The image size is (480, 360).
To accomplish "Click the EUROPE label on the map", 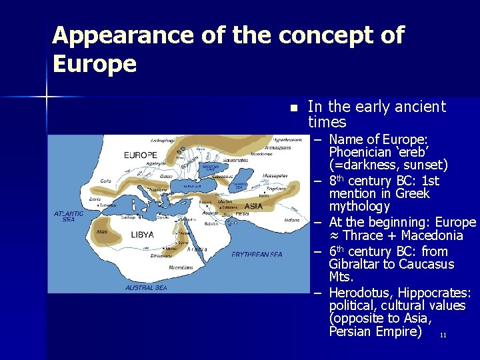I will point(141,155).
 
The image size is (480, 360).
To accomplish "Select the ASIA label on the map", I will point(253,207).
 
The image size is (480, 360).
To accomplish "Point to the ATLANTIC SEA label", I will point(69,216).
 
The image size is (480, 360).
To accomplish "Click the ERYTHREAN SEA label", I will point(257,254).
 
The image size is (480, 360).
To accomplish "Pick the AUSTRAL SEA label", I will point(146,288).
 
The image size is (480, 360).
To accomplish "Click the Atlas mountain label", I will point(101,232).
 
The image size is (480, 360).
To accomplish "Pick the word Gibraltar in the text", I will point(361,264).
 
